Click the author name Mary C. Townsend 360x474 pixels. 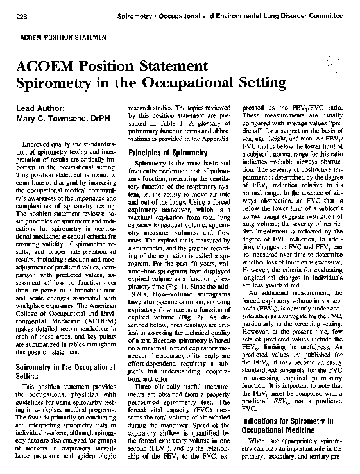[x=51, y=118]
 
